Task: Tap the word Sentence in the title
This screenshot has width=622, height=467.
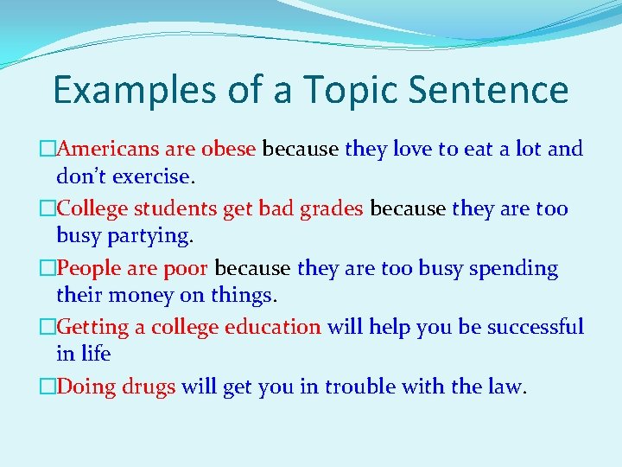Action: pyautogui.click(x=490, y=91)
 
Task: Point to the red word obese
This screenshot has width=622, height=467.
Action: pyautogui.click(x=228, y=149)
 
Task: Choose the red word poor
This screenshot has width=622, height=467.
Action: pyautogui.click(x=187, y=268)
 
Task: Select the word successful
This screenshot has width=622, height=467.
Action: pyautogui.click(x=535, y=328)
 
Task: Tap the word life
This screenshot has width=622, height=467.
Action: pyautogui.click(x=95, y=354)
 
